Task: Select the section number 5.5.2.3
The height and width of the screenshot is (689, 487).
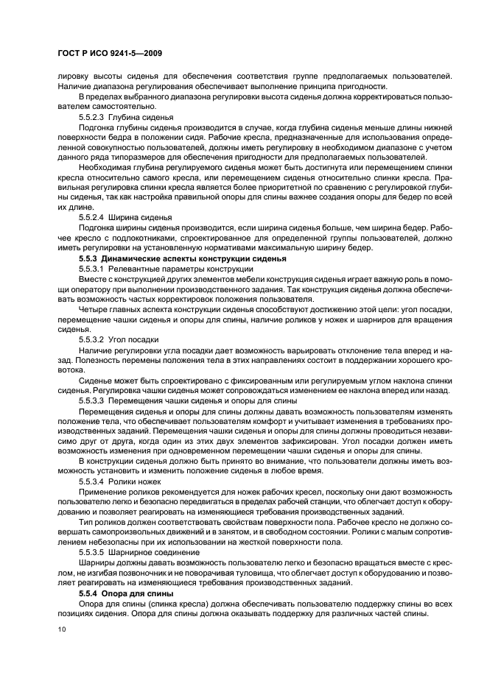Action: (91, 117)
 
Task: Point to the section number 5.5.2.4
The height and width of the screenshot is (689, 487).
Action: (91, 218)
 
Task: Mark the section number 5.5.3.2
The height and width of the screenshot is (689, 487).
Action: (91, 339)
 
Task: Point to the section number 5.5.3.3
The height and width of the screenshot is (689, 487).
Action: (91, 400)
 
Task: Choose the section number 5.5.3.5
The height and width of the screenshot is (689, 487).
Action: (91, 551)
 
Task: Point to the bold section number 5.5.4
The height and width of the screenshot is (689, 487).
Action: (88, 592)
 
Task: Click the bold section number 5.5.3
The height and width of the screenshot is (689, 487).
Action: (88, 259)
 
